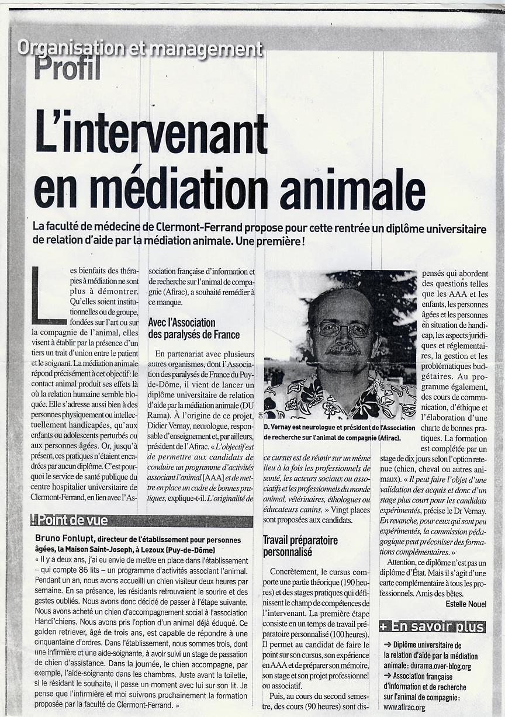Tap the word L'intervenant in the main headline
[151, 132]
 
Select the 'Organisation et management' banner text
[140, 48]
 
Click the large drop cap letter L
[47, 295]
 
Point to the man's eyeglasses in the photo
[343, 329]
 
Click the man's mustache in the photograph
[343, 348]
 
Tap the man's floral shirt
[339, 397]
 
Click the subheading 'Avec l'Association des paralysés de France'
[193, 328]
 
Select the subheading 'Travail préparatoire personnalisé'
[299, 546]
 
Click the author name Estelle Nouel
[465, 604]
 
